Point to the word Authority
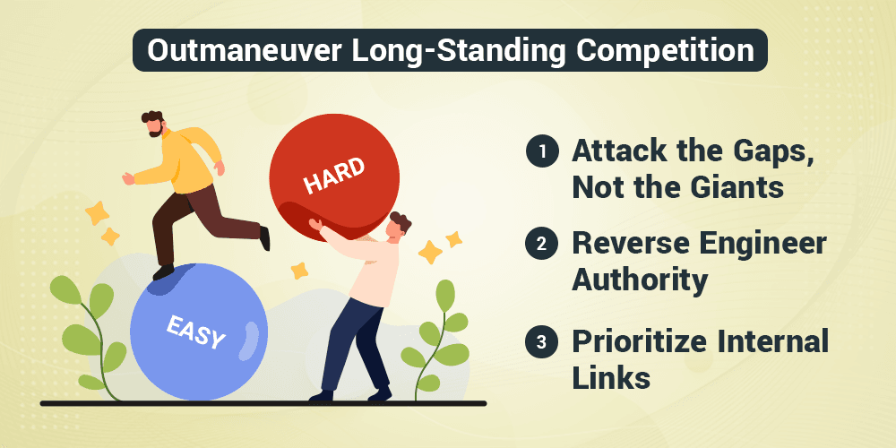click(640, 280)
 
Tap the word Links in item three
click(610, 376)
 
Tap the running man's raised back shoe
click(264, 237)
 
